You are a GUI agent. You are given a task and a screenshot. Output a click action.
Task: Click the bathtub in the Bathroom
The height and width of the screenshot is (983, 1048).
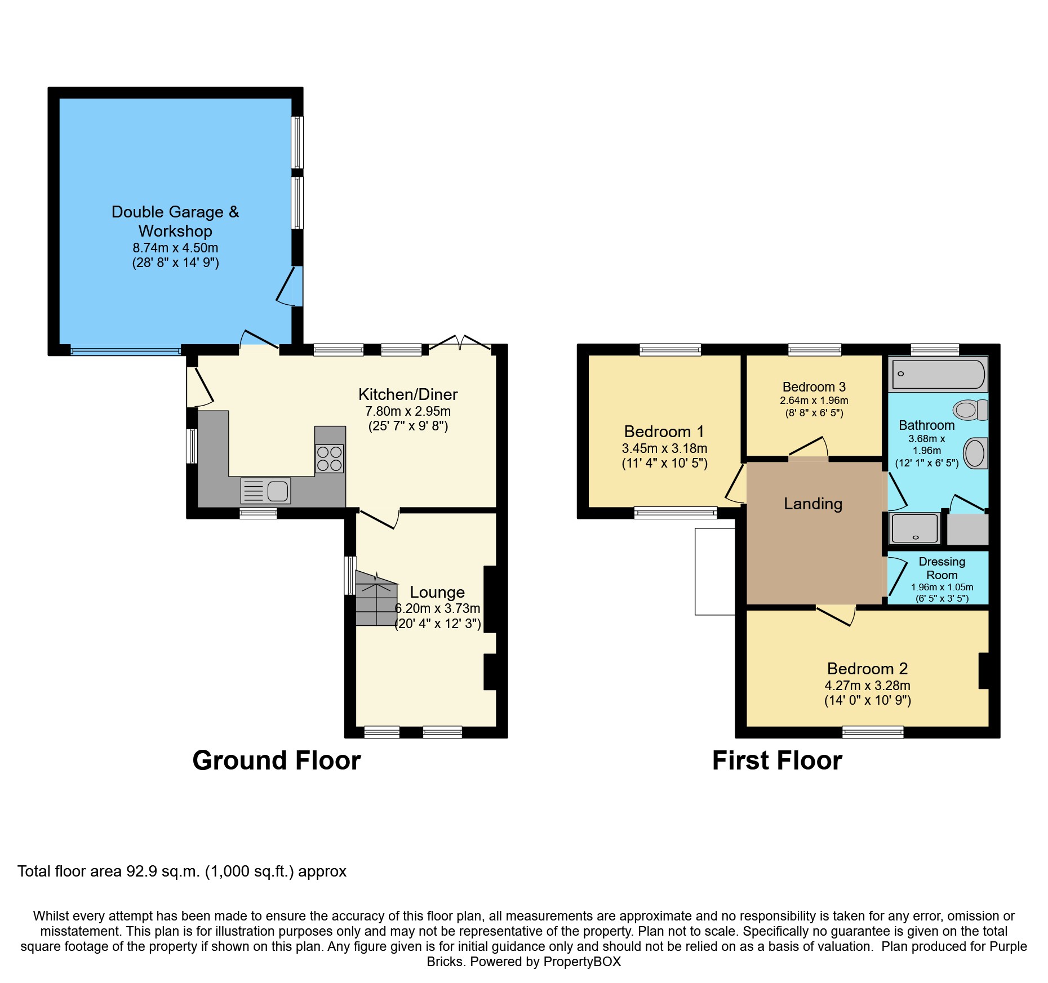[938, 374]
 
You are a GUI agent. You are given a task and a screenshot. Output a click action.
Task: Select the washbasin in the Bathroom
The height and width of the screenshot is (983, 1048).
[976, 453]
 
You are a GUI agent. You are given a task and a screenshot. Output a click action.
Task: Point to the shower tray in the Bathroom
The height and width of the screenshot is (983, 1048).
[914, 528]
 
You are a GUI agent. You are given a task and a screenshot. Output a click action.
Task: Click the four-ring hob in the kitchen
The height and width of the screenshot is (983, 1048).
[330, 458]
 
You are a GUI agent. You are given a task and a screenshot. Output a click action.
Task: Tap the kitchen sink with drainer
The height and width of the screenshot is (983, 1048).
[266, 491]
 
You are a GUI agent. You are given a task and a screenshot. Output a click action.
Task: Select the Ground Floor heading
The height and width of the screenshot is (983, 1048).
[277, 760]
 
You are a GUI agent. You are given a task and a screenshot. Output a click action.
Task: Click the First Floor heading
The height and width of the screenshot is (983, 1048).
[777, 760]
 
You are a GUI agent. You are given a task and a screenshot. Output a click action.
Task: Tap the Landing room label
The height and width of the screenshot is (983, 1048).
[813, 504]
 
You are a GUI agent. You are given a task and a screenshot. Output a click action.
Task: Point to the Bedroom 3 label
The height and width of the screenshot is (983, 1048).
[814, 386]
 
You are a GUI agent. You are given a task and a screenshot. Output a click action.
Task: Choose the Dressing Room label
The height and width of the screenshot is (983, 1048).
[942, 568]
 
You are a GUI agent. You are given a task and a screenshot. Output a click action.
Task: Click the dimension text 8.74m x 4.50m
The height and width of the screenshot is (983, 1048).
[175, 247]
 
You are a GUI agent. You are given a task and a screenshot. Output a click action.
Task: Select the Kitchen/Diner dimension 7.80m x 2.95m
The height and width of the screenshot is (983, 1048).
[408, 411]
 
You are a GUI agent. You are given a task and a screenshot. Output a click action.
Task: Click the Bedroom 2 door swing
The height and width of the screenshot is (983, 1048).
[836, 616]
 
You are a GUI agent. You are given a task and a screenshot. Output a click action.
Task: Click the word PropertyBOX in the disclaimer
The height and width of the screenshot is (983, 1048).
[582, 962]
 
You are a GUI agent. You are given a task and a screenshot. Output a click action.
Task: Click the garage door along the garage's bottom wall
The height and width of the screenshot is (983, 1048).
[126, 351]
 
